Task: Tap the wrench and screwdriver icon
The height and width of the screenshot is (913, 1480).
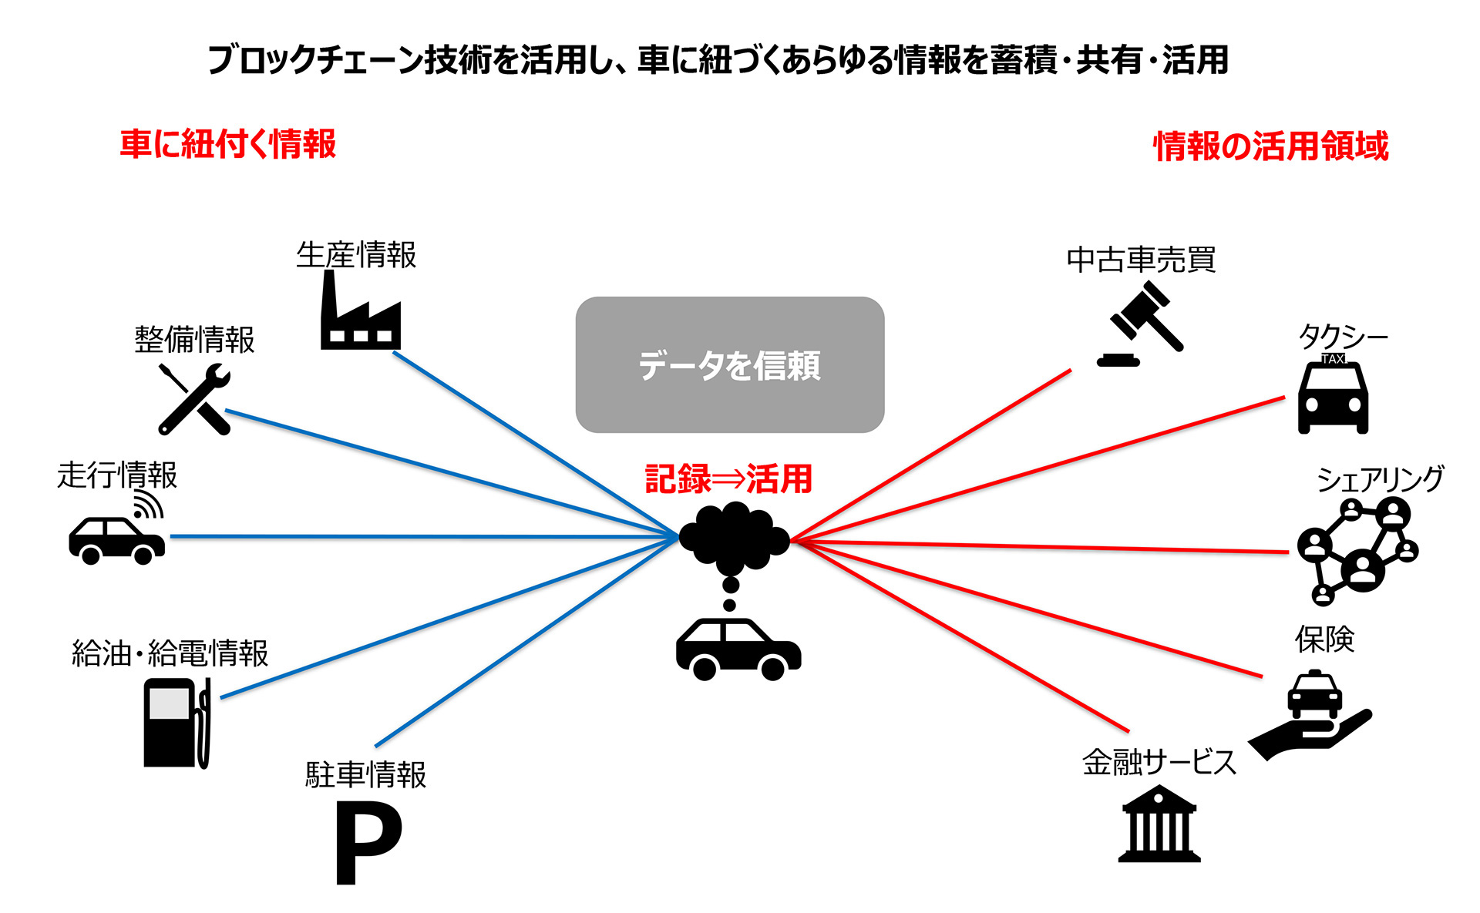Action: (x=194, y=399)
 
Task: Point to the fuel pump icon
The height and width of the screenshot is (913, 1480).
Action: (x=177, y=723)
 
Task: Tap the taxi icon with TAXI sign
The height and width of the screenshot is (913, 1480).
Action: (x=1333, y=394)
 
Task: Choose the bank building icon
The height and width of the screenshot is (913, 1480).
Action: (x=1159, y=824)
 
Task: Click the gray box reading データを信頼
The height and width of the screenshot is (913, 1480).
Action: (x=729, y=364)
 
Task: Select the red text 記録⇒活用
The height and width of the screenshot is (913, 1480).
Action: (x=728, y=478)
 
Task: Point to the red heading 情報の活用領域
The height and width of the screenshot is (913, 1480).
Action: (x=1270, y=146)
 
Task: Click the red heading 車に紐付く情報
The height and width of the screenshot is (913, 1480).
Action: (x=228, y=144)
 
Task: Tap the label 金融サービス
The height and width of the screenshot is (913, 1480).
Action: (x=1159, y=762)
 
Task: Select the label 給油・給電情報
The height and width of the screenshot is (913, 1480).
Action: (x=170, y=653)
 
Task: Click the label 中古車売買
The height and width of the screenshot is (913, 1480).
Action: (x=1141, y=260)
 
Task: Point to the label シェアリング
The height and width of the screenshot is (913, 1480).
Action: (x=1380, y=479)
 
